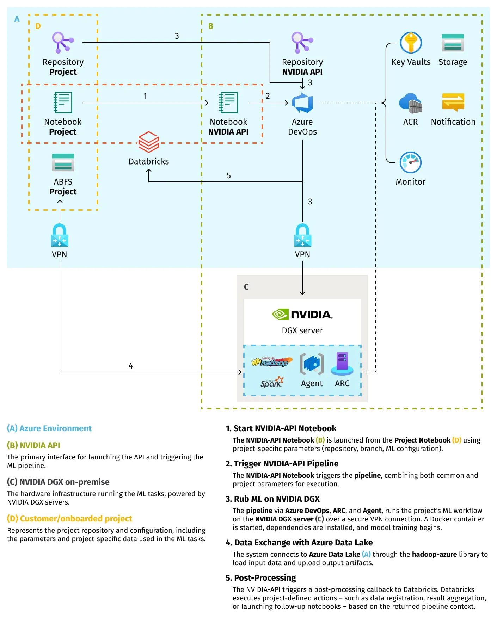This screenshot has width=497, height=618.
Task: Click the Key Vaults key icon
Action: point(411,43)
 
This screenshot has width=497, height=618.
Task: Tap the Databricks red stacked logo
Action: point(148,142)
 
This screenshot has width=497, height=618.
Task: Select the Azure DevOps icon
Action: point(302,103)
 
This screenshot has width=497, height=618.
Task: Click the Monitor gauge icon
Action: point(410,162)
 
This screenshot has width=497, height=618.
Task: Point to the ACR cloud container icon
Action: point(411,103)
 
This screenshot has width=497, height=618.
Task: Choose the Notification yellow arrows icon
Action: point(453,102)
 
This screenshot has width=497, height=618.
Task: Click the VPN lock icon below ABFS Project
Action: point(59,235)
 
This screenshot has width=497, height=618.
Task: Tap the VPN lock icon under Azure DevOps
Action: point(302,235)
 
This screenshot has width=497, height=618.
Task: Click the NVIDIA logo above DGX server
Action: point(302,314)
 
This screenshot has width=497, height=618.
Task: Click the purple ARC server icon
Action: point(342,364)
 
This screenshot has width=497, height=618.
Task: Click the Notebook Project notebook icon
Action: point(63,103)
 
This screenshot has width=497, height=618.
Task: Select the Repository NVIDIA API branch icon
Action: point(302,42)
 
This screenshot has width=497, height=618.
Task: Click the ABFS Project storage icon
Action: point(63,162)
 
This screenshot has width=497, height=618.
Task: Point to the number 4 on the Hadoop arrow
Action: point(131,366)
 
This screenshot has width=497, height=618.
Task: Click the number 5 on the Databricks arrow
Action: point(229,176)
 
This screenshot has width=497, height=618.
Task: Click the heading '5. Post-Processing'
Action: point(261,578)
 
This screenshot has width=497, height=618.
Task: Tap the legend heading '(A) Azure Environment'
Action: point(49,428)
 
